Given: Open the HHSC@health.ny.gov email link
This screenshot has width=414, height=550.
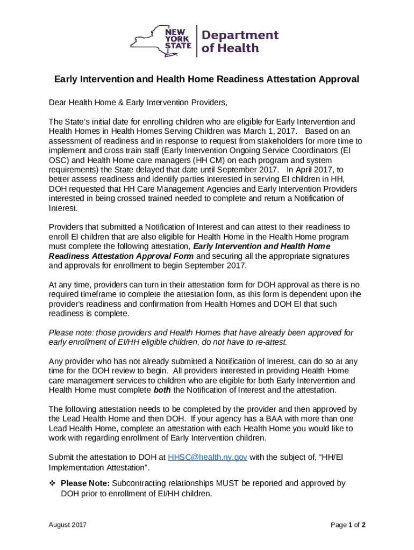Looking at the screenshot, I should pyautogui.click(x=208, y=458).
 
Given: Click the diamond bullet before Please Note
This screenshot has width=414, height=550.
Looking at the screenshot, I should pyautogui.click(x=53, y=483).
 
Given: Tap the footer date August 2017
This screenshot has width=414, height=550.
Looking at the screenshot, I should pyautogui.click(x=68, y=525).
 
